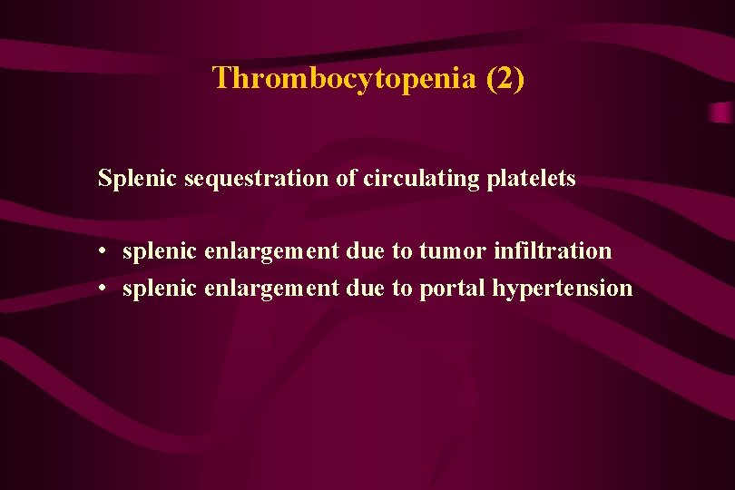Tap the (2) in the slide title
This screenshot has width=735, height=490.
click(x=505, y=79)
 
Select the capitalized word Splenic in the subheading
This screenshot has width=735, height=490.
click(x=138, y=179)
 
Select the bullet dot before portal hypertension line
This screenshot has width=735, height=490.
click(x=106, y=289)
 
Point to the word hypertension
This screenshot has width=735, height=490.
click(x=562, y=289)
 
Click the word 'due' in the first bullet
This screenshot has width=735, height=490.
click(x=365, y=250)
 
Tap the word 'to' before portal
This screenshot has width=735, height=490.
click(x=402, y=289)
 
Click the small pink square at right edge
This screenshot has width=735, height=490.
click(x=720, y=113)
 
